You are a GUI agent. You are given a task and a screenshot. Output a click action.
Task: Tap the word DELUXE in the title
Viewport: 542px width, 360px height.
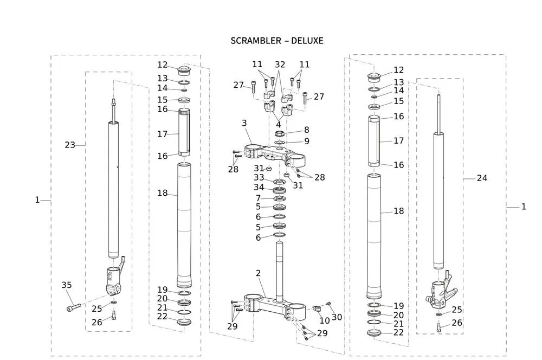[306, 41]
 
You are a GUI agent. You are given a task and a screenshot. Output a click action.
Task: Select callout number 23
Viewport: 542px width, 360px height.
[70, 145]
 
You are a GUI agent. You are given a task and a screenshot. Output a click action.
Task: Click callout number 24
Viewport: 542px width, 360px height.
[481, 178]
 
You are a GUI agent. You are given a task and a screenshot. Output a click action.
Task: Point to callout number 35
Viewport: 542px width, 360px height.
[66, 285]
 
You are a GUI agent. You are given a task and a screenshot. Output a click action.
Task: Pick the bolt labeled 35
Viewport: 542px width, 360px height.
[73, 307]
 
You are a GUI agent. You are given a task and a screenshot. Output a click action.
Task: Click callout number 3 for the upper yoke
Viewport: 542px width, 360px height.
[244, 124]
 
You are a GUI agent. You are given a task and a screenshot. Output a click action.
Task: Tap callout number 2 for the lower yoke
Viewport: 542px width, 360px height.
[259, 273]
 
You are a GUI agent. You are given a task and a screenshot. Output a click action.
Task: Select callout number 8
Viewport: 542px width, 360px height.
[306, 130]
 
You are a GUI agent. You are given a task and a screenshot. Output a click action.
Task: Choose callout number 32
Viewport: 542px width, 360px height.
[280, 64]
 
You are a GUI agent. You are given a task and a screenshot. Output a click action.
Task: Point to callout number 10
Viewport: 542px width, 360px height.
[324, 321]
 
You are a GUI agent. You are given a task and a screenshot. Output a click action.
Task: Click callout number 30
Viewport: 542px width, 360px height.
[337, 317]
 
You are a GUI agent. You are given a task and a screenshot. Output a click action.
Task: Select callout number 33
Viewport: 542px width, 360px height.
[259, 178]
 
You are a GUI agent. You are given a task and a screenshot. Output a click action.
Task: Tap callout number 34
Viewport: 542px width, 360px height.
[259, 188]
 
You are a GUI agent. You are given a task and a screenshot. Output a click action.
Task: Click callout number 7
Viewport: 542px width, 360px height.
[259, 198]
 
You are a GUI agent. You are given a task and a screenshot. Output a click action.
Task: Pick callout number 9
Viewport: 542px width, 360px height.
[306, 142]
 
